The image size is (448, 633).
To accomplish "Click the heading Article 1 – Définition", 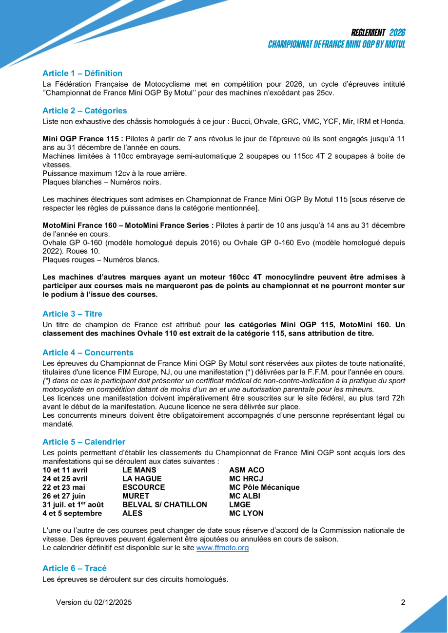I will pos(82,74).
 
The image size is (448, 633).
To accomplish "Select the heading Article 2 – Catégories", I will pos(84,111).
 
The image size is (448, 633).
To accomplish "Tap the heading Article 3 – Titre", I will pos(72,314).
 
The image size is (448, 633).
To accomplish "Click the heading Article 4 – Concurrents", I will pos(88,353).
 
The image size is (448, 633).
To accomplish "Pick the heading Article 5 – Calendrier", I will pos(83,442).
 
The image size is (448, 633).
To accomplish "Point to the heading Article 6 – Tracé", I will pos(74,568).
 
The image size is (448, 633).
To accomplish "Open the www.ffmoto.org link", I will pos(222,548).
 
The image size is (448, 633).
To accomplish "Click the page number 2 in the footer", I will pos(403,602).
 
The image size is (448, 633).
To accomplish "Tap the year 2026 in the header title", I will pos(397,33).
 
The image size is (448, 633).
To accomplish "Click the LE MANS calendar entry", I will pos(139,470).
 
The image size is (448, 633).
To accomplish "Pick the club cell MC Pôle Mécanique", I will pos(264,487).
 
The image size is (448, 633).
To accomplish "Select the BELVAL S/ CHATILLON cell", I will pos(165,505).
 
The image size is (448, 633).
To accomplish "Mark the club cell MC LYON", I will pos(246,514).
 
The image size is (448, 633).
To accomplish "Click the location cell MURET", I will pos(136,496).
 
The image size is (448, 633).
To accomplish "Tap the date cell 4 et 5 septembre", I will pos(73,514).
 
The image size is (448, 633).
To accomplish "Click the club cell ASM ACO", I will pos(247,470).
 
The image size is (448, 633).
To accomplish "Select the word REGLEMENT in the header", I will pos(368,33).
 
